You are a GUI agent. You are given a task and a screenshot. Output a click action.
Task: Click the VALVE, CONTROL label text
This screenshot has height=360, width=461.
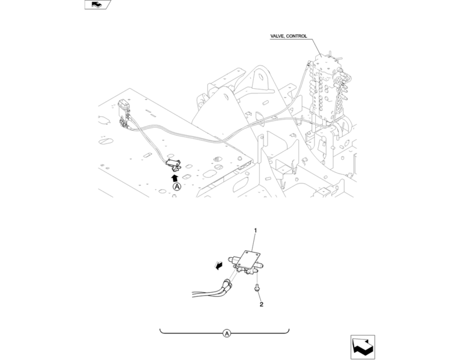tap(289, 36)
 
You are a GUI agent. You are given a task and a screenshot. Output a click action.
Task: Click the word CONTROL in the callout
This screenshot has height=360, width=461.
tap(297, 36)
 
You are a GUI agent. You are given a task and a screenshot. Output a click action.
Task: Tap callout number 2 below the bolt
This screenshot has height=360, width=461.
tap(261, 305)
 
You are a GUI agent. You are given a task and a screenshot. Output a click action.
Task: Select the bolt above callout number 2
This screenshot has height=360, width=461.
tap(256, 289)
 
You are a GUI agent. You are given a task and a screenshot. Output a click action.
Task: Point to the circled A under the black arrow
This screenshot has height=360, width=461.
tap(176, 187)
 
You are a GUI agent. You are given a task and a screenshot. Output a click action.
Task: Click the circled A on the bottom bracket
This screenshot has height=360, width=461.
tap(226, 333)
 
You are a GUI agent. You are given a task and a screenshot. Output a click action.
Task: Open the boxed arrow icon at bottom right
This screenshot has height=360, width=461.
tap(363, 347)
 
